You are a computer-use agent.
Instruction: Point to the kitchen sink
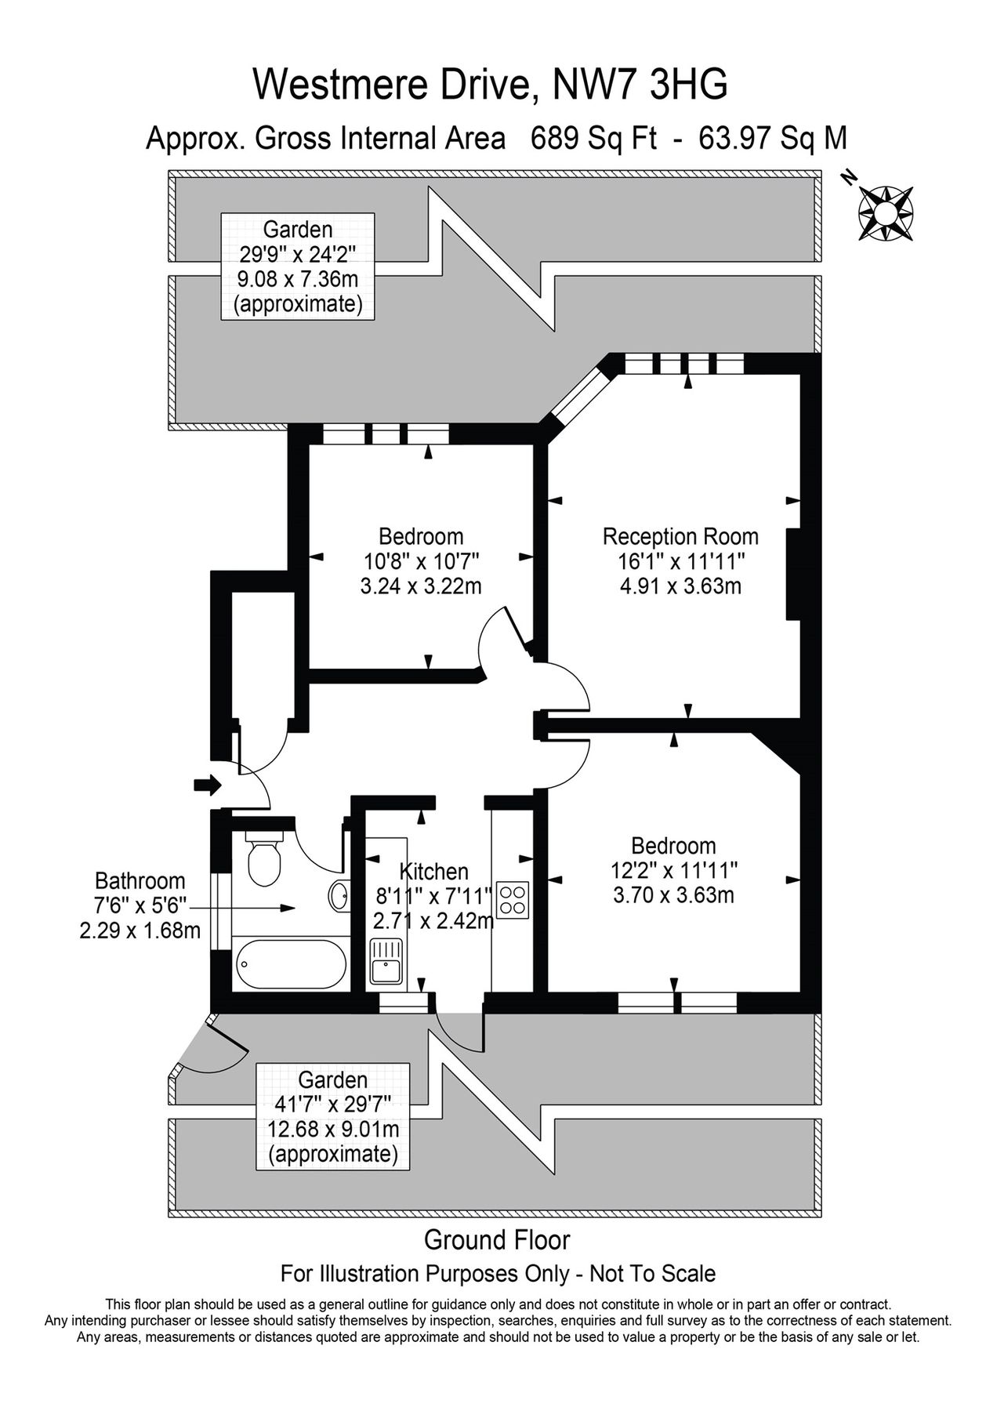click(x=386, y=962)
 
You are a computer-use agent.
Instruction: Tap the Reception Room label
click(x=680, y=537)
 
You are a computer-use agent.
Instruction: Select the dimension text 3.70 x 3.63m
click(x=673, y=894)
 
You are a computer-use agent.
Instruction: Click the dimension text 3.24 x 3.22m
click(x=420, y=586)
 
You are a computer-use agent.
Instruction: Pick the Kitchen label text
click(x=433, y=871)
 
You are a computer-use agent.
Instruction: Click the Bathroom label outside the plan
click(x=140, y=881)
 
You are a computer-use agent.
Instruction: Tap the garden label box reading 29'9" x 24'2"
click(x=298, y=267)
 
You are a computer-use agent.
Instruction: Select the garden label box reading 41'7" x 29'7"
click(x=333, y=1117)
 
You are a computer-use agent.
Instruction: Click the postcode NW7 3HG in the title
click(x=640, y=85)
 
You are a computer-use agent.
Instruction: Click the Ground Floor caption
click(x=497, y=1239)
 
